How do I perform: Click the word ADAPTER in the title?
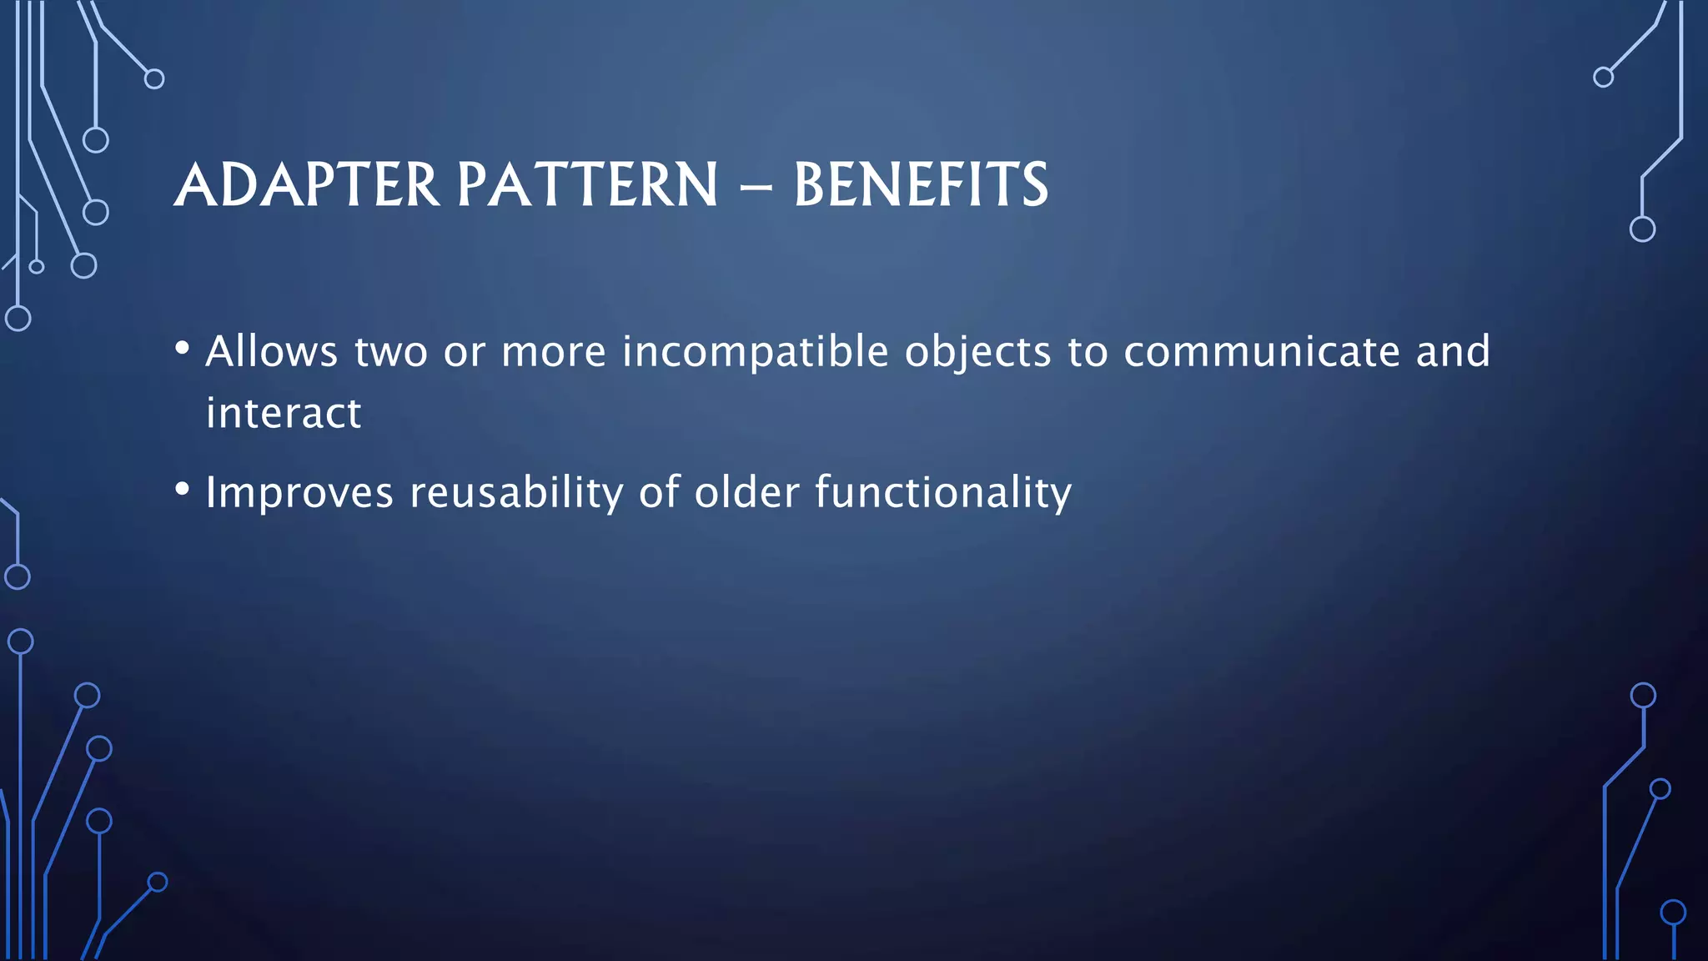[x=307, y=185]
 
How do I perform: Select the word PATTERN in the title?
[x=587, y=185]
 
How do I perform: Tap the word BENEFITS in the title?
[x=921, y=185]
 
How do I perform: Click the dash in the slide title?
[x=756, y=189]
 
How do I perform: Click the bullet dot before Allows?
[x=183, y=348]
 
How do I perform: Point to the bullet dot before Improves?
[x=183, y=489]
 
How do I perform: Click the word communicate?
[x=1262, y=351]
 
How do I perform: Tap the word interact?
[x=284, y=413]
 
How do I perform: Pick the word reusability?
[x=516, y=492]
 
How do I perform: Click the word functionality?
[x=943, y=492]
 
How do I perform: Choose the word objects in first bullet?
[x=978, y=353]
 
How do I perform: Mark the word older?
[x=747, y=492]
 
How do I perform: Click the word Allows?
[x=272, y=351]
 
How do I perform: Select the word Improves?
[x=299, y=494]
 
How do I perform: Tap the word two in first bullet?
[x=390, y=353]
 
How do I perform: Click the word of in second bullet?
[x=660, y=492]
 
